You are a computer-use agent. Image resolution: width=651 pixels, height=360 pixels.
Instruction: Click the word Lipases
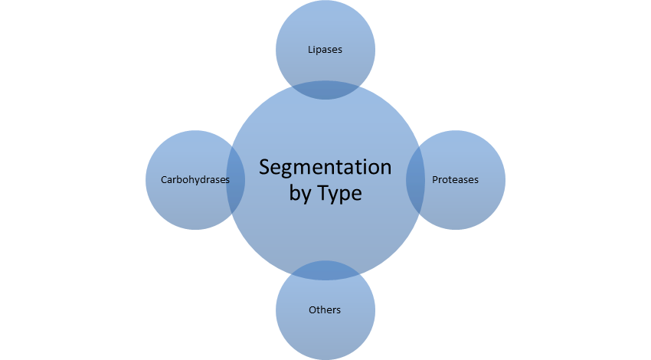(325, 50)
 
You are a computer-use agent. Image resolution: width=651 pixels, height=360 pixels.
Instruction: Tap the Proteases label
(455, 180)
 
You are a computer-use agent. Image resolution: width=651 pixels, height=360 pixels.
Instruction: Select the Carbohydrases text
(195, 180)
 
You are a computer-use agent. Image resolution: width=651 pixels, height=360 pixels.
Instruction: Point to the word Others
(325, 310)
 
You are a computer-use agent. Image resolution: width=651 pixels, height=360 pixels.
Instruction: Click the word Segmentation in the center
(325, 168)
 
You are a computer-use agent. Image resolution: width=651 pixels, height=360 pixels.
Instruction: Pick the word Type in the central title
(338, 194)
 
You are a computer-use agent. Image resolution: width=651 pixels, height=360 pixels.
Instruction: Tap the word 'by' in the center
(299, 195)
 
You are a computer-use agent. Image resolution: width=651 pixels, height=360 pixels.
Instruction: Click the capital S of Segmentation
(264, 168)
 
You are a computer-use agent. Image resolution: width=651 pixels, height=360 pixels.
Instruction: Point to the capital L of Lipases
(310, 50)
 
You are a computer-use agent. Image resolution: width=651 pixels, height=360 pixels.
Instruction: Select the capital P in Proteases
(435, 180)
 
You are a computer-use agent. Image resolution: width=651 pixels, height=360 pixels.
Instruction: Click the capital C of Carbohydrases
(164, 180)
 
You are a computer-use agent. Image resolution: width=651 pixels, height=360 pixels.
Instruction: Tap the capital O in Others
(312, 310)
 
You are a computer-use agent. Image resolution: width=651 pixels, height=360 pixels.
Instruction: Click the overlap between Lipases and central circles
(325, 90)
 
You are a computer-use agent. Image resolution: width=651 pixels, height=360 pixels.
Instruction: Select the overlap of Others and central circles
(325, 270)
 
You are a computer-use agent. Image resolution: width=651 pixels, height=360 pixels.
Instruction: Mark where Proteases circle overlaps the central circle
(416, 180)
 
